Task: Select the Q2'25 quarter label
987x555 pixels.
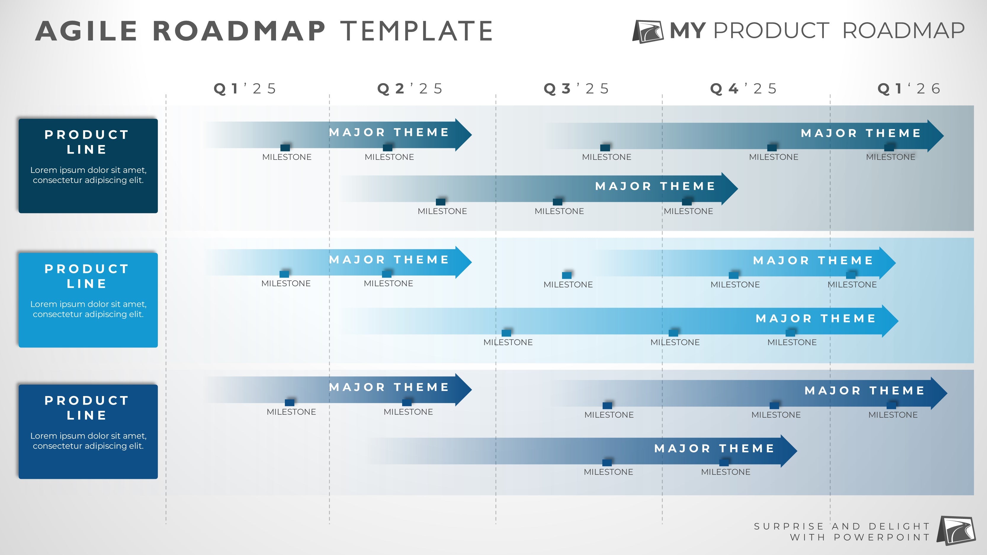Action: (x=410, y=89)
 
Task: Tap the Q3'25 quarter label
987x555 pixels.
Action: (x=576, y=89)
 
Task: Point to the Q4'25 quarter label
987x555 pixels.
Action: (x=743, y=89)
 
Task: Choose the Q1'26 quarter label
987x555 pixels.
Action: (x=909, y=89)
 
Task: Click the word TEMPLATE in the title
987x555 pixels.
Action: (x=416, y=31)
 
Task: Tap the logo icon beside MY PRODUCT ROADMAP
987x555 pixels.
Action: (x=648, y=31)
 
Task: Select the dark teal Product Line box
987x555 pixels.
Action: (x=88, y=166)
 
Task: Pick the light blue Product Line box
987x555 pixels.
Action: (x=88, y=300)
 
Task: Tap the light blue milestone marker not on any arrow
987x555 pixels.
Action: (x=567, y=275)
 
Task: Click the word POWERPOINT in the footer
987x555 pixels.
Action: (x=882, y=537)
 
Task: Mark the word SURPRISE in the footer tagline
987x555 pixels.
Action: (x=789, y=526)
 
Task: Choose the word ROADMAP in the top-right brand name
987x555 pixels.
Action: (x=903, y=31)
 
